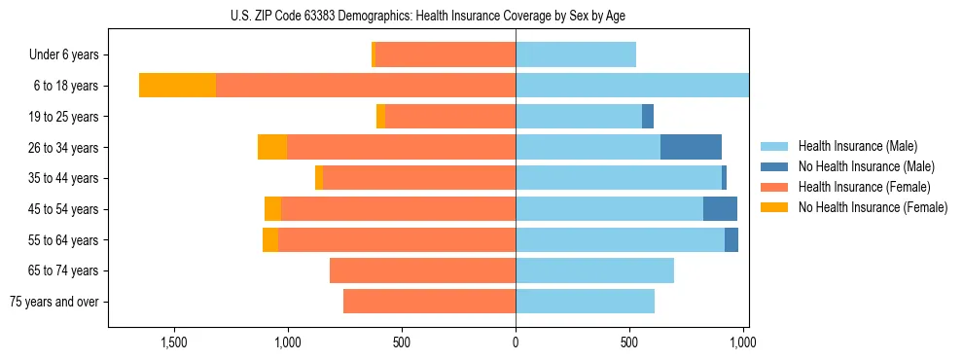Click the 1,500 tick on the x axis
pyautogui.click(x=174, y=342)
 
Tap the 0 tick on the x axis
pyautogui.click(x=516, y=342)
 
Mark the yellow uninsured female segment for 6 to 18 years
pyautogui.click(x=177, y=86)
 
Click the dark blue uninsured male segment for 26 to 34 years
pyautogui.click(x=691, y=147)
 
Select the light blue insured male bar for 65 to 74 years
pyautogui.click(x=594, y=270)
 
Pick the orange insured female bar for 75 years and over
pyautogui.click(x=429, y=302)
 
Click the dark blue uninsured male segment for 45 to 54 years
pyautogui.click(x=720, y=209)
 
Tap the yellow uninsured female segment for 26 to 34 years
pyautogui.click(x=272, y=147)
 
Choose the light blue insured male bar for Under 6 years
pyautogui.click(x=576, y=55)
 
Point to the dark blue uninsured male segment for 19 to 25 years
pyautogui.click(x=648, y=117)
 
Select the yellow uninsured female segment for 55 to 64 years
pyautogui.click(x=270, y=240)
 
